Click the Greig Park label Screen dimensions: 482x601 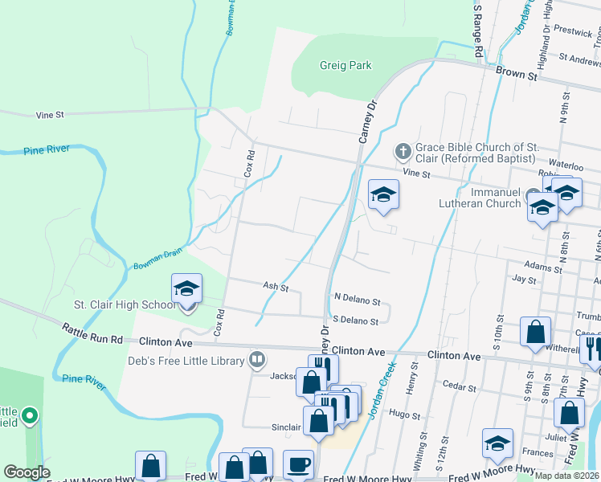(345, 65)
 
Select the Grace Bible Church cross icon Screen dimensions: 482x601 (403, 151)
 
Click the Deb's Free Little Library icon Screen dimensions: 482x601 (257, 359)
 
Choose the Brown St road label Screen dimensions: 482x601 (516, 74)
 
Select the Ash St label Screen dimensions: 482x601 (275, 286)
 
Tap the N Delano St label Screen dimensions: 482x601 (357, 300)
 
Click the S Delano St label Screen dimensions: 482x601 (355, 321)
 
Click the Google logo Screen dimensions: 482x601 (27, 472)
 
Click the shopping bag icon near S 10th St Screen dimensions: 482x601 (535, 332)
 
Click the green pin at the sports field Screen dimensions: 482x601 (30, 415)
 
